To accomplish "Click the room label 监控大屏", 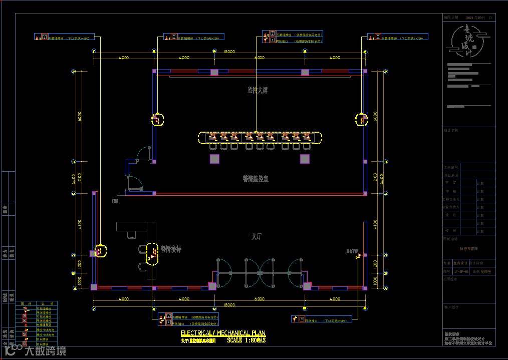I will coord(258,91).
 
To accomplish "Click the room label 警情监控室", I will coord(256,178).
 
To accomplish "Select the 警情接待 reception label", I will coord(171,249).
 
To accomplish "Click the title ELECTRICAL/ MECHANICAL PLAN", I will coord(223,333).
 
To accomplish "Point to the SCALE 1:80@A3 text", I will coord(246,340).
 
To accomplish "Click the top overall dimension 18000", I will coord(229,52).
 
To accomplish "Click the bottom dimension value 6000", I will coord(259,299).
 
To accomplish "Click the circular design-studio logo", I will coord(469,43).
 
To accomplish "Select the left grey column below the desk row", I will coord(214,159).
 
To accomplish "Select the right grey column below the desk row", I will coord(305,159).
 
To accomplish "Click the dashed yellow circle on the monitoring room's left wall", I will coord(157,120).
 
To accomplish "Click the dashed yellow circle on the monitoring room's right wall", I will coord(361,120).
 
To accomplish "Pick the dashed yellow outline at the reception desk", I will coord(152,253).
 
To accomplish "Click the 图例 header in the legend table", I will coord(23,303).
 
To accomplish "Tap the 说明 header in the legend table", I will coord(44,303).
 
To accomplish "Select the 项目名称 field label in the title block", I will coord(451,130).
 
